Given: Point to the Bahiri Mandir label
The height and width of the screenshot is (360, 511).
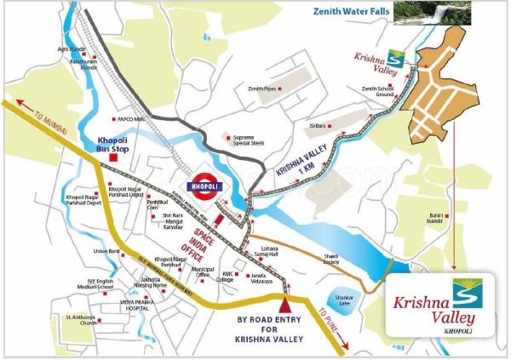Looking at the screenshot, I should tap(438, 219).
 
